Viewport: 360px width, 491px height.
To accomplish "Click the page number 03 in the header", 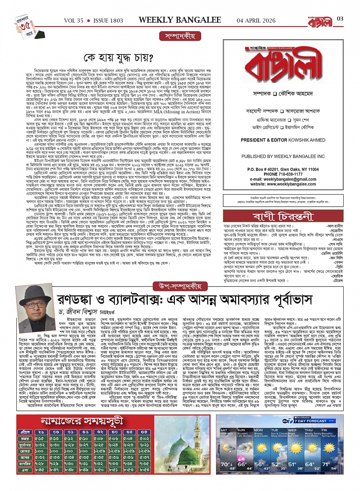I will click(x=340, y=19).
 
